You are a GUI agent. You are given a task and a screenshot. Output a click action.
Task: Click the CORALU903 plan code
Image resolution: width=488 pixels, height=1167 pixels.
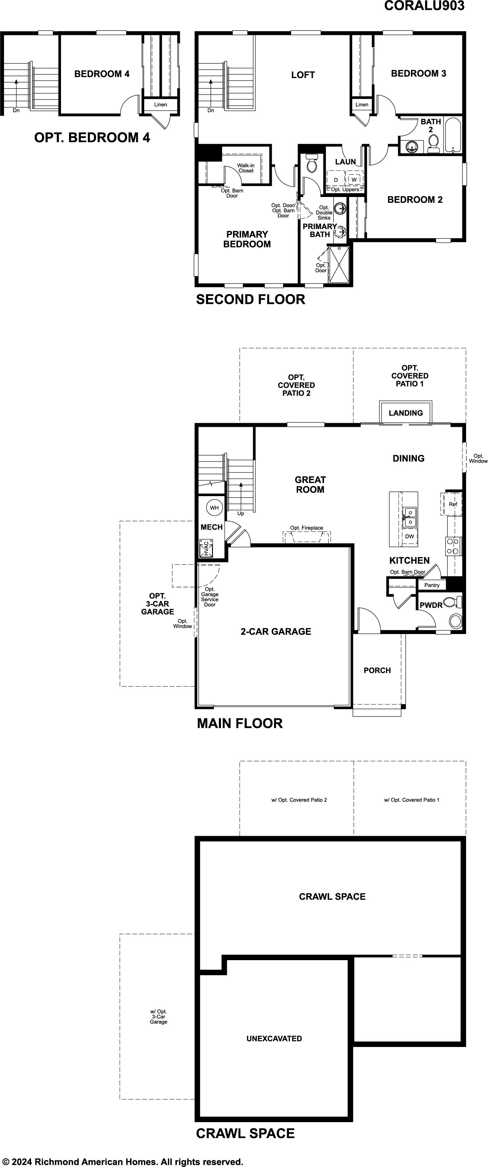click(424, 5)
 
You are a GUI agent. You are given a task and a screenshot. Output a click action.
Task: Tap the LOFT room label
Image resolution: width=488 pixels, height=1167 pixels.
click(303, 75)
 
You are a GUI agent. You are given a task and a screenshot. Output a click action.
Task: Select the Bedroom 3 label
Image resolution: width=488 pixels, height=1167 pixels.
click(419, 73)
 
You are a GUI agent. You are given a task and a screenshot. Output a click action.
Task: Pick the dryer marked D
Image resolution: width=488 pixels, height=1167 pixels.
click(336, 179)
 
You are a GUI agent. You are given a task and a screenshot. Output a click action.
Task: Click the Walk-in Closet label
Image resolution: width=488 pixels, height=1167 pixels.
click(246, 168)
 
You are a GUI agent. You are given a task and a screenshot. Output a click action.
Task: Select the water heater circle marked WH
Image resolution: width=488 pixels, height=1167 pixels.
click(214, 508)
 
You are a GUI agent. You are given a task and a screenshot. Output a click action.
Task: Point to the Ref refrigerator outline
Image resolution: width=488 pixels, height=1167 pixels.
click(452, 504)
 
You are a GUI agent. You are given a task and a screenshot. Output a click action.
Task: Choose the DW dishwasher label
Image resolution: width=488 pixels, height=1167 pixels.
click(409, 536)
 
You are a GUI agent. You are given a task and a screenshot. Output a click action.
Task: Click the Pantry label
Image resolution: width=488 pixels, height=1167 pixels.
click(432, 585)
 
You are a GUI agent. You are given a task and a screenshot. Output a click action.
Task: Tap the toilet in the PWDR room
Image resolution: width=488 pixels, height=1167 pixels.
click(452, 602)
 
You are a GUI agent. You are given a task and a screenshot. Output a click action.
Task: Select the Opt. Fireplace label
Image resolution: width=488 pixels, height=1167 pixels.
click(306, 528)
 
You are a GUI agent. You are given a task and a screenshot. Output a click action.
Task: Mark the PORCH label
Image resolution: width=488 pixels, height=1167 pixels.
click(377, 671)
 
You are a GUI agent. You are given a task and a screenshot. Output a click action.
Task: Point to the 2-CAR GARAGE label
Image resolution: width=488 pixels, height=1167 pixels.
click(276, 631)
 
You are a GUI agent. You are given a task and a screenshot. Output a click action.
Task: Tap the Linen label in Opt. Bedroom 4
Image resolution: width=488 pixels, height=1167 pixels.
click(161, 105)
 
